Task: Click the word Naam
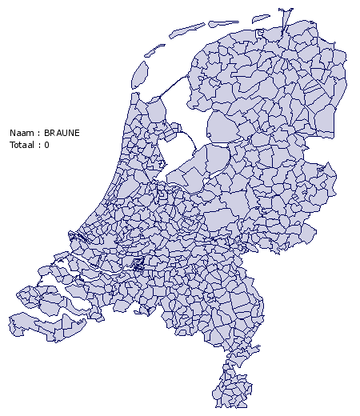(21, 132)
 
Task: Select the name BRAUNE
(62, 132)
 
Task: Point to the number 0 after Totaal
(46, 145)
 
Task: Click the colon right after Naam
(38, 132)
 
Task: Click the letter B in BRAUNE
(47, 132)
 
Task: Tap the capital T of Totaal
(11, 145)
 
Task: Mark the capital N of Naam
(12, 132)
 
